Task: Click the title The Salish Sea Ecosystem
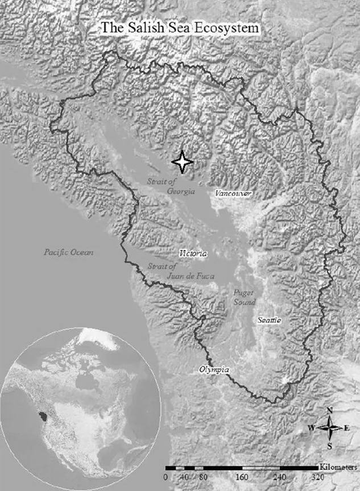(x=180, y=27)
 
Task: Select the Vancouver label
(x=233, y=194)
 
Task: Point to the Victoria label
(x=192, y=253)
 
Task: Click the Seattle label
(x=269, y=321)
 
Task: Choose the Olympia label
(x=214, y=370)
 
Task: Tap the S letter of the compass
(x=330, y=446)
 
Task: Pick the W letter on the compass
(x=311, y=428)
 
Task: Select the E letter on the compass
(x=347, y=428)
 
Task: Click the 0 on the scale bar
(x=165, y=477)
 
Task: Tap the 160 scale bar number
(x=242, y=477)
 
